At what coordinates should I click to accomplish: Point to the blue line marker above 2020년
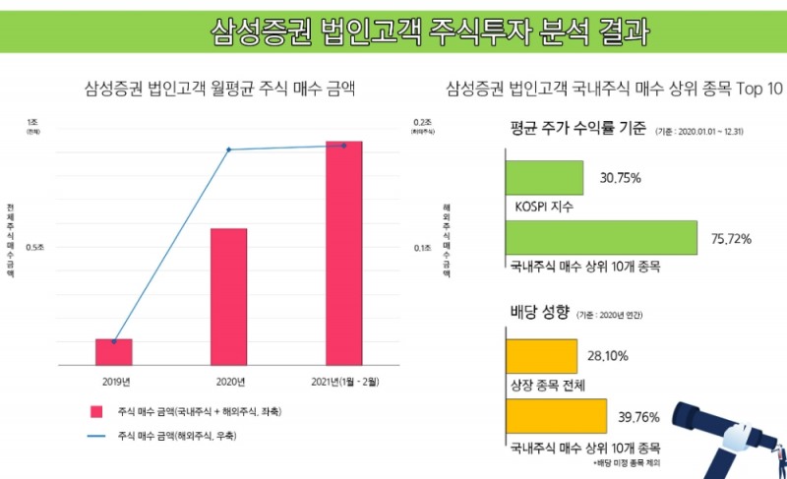point(228,150)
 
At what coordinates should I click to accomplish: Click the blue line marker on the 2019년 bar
point(114,341)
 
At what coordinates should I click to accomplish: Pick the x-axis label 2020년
point(228,381)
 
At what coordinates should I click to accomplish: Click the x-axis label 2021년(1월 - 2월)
point(343,381)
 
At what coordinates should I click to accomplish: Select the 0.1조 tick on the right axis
point(422,247)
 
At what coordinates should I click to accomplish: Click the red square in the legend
point(96,411)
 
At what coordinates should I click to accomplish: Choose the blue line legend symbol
point(96,435)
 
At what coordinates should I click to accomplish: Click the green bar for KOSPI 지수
point(546,178)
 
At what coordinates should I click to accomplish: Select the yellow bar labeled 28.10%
point(541,355)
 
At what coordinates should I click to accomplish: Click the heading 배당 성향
point(539,313)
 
